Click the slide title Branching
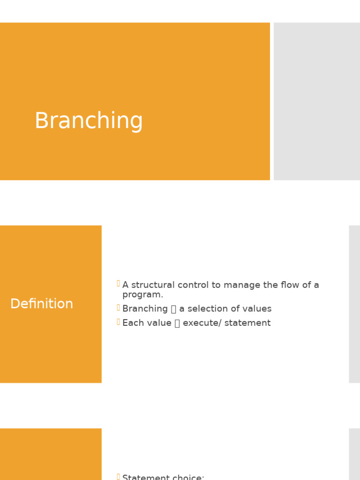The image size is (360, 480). click(89, 121)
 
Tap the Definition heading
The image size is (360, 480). click(42, 304)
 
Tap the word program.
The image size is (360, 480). click(142, 295)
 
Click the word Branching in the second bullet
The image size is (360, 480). click(145, 309)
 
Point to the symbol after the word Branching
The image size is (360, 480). click(173, 309)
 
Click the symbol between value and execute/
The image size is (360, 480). click(177, 323)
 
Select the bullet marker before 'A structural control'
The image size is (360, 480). click(119, 284)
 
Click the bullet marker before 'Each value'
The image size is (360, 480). click(119, 322)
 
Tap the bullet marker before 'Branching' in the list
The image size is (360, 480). click(119, 307)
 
